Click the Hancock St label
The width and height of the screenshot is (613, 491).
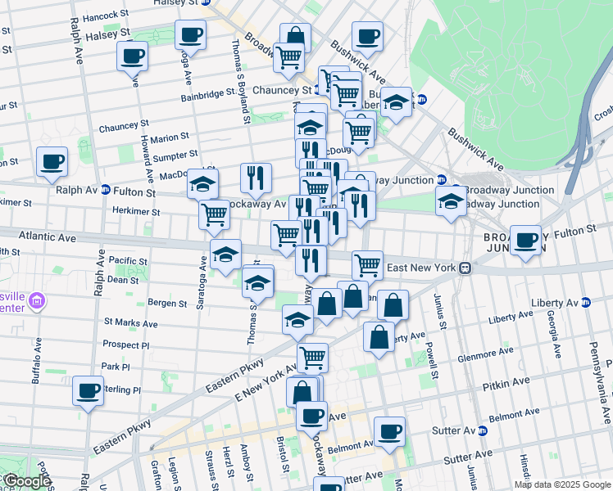[x=101, y=16]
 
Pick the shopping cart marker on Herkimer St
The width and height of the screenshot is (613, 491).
[x=215, y=214]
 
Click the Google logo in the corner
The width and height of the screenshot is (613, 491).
[x=27, y=482]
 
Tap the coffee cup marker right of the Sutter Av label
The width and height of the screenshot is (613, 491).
[x=389, y=432]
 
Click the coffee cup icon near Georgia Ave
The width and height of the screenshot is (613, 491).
[x=525, y=240]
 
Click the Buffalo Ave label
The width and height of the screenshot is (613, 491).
[x=36, y=369]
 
